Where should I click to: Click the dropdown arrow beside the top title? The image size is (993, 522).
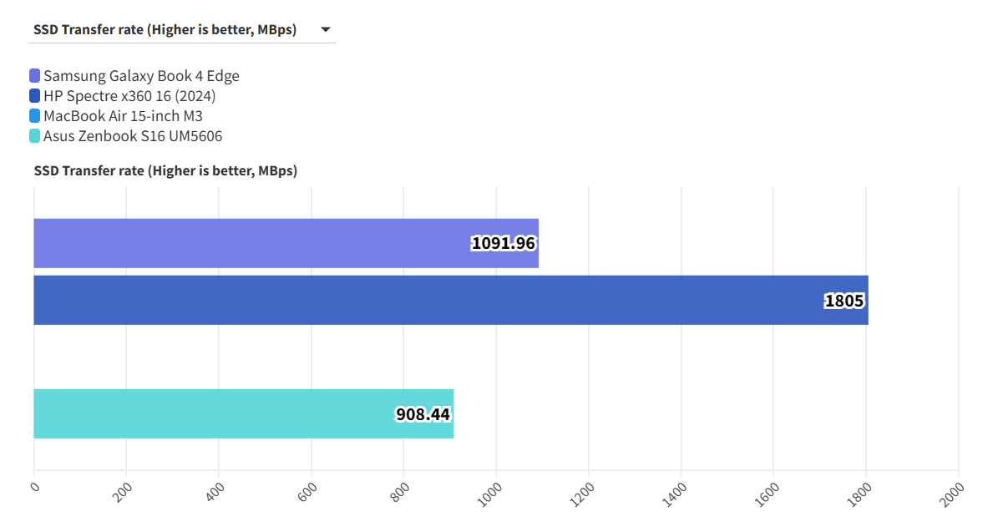point(325,30)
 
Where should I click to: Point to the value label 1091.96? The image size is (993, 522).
point(503,243)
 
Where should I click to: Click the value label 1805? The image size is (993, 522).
point(844,301)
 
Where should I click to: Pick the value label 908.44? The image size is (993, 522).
point(423,413)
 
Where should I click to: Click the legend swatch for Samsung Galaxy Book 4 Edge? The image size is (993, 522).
point(34,76)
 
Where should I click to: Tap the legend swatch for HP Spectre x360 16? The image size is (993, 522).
point(34,96)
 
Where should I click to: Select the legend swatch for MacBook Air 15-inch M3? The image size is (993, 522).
point(34,116)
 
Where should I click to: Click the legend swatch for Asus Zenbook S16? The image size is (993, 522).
point(34,136)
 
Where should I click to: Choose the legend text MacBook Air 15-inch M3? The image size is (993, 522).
point(123,116)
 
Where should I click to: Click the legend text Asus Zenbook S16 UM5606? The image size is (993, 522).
point(133,136)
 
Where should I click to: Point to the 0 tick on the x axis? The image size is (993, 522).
point(34,487)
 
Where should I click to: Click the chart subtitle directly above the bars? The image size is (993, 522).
point(165,170)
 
